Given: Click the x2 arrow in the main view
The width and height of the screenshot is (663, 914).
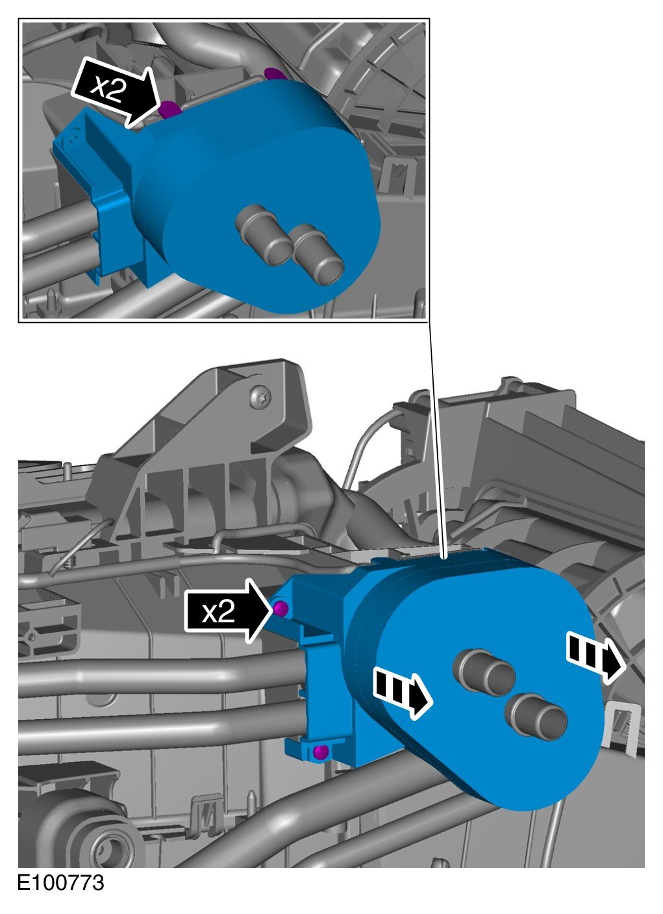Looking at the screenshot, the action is coord(228,612).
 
